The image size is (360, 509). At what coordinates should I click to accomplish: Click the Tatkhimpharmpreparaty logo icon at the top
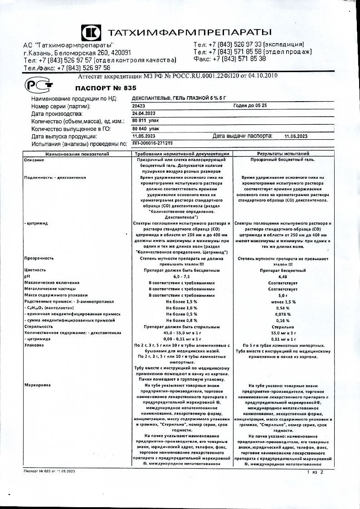(x=92, y=32)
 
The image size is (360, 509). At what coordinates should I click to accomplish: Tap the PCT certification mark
(x=39, y=85)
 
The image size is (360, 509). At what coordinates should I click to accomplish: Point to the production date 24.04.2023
(x=144, y=113)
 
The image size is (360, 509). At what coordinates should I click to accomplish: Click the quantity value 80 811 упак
(x=145, y=121)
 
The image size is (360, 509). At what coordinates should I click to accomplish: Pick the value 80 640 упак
(x=146, y=129)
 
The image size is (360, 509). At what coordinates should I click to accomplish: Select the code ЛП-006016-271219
(x=152, y=143)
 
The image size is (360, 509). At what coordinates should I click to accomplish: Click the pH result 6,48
(x=283, y=276)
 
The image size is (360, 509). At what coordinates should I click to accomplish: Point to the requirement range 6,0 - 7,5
(x=181, y=276)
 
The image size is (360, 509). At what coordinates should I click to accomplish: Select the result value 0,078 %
(x=283, y=314)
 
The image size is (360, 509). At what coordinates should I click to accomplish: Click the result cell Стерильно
(x=283, y=326)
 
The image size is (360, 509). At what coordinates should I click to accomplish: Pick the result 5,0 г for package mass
(x=283, y=295)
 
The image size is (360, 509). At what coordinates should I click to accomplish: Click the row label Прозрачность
(x=39, y=258)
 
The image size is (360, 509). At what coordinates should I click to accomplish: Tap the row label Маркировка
(x=38, y=385)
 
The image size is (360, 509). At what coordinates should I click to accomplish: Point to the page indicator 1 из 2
(x=315, y=472)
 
